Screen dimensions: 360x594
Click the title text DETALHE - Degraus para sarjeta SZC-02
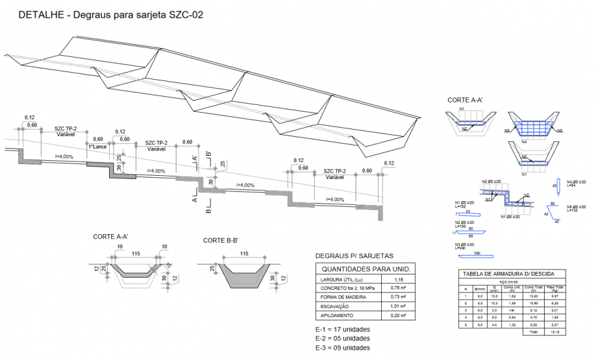(111, 14)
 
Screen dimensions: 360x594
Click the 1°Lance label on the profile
(97, 147)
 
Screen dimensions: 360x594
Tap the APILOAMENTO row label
(337, 315)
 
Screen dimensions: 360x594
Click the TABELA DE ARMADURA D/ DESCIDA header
(513, 274)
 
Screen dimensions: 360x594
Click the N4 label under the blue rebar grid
(525, 141)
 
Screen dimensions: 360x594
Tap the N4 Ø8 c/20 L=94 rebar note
(572, 183)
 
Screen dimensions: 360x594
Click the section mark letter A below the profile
(194, 200)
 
